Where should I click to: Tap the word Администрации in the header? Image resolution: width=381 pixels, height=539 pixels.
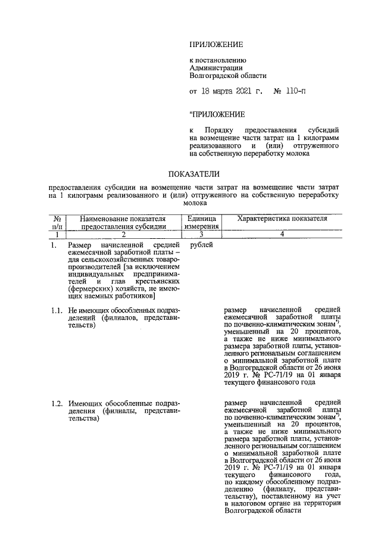pyautogui.click(x=213, y=68)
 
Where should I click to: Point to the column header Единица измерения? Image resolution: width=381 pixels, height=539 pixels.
pyautogui.click(x=203, y=223)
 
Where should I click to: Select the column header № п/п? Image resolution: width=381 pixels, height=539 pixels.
pyautogui.click(x=57, y=223)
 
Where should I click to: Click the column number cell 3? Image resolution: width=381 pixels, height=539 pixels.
pyautogui.click(x=203, y=235)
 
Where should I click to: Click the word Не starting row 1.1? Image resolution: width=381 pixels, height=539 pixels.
pyautogui.click(x=73, y=310)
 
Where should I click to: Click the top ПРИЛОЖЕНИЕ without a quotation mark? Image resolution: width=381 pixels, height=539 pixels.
pyautogui.click(x=216, y=45)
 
